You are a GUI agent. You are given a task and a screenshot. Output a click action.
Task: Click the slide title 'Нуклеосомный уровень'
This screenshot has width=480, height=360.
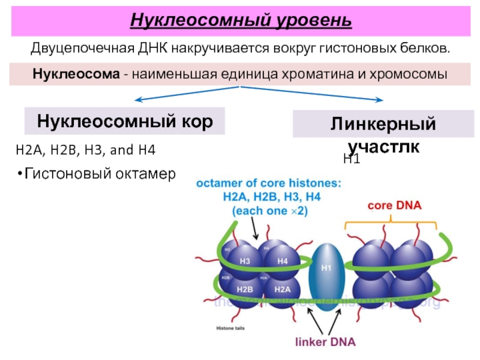pyautogui.click(x=241, y=20)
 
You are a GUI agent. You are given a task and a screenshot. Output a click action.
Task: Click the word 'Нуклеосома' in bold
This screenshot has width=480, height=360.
pyautogui.click(x=67, y=76)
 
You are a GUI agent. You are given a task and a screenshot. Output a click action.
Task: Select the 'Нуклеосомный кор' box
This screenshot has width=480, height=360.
pyautogui.click(x=125, y=122)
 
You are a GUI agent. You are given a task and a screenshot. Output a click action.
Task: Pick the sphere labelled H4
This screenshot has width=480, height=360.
pyautogui.click(x=282, y=261)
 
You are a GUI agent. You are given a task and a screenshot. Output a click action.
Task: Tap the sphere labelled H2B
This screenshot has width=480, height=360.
pyautogui.click(x=245, y=289)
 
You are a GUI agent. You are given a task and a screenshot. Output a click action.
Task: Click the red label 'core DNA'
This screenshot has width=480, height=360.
pyautogui.click(x=394, y=205)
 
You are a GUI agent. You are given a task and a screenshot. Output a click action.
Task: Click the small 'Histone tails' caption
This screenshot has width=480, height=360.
pyautogui.click(x=231, y=328)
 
